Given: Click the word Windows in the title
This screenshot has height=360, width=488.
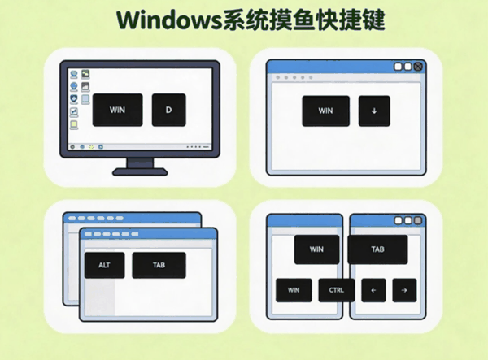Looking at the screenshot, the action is click(168, 20).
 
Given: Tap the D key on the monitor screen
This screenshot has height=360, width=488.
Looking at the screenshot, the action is click(168, 110).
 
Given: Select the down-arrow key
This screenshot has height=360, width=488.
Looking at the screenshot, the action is click(374, 111).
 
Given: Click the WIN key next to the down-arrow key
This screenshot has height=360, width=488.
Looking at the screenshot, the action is click(325, 111).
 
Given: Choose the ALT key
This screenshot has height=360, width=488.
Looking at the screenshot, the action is click(105, 265).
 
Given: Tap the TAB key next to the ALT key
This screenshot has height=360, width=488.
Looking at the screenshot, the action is click(159, 265).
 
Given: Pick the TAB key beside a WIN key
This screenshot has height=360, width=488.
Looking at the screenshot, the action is click(377, 249).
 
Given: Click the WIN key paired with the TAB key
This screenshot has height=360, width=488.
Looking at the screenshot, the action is click(316, 249).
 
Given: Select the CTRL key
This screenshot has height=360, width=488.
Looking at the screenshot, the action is click(337, 290).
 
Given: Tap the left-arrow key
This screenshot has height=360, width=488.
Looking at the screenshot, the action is click(373, 290).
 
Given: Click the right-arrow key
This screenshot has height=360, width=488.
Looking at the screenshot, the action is click(404, 290).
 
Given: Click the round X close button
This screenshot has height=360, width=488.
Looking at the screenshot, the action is click(418, 67).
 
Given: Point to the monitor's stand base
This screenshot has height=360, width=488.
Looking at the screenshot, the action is click(140, 171).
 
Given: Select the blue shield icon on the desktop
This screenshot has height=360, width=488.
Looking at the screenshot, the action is click(74, 99).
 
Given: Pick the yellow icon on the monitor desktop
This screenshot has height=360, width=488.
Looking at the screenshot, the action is click(74, 124).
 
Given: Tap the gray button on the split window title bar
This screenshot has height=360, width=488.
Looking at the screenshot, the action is click(418, 220).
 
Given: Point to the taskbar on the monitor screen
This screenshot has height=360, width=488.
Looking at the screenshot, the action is click(140, 147).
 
